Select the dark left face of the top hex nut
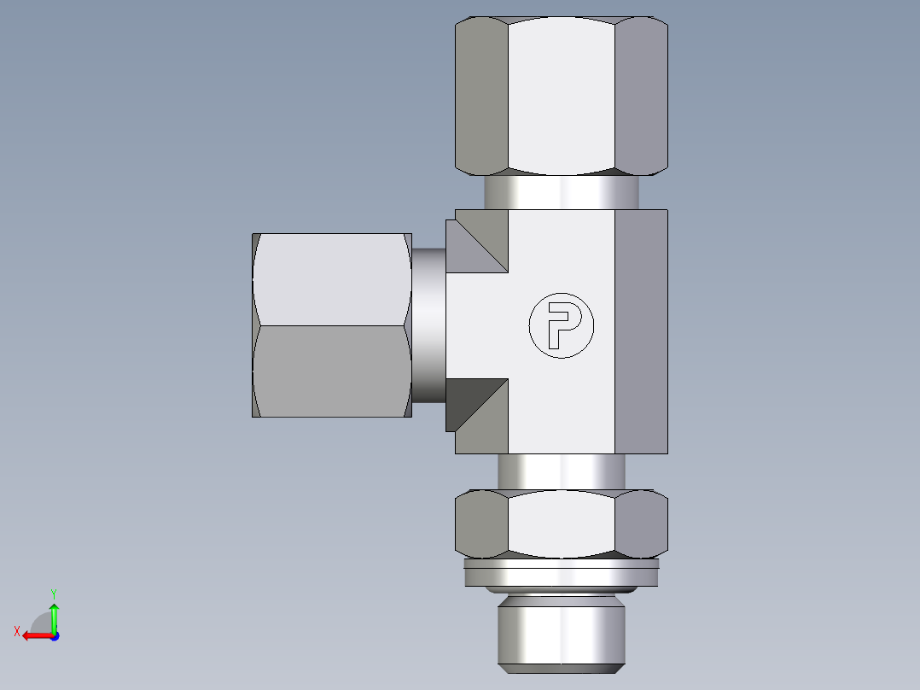click(x=481, y=96)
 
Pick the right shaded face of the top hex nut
click(x=641, y=96)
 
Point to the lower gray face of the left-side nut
click(x=331, y=371)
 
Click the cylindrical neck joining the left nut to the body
click(x=428, y=325)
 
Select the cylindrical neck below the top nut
click(x=561, y=191)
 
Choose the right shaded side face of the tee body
click(x=641, y=331)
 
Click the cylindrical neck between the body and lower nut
click(x=561, y=471)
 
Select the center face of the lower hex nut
click(x=561, y=523)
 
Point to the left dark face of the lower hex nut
click(x=481, y=523)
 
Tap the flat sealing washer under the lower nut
click(x=561, y=573)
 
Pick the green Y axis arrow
click(x=54, y=613)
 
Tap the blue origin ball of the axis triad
click(x=54, y=636)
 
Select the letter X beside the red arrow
click(x=17, y=631)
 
